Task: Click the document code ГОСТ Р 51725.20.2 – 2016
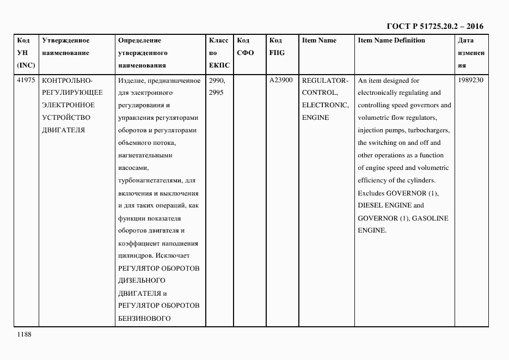(434, 26)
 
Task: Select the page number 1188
(24, 334)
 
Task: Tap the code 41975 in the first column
(26, 80)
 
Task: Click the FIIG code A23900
(281, 80)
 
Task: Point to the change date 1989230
(471, 80)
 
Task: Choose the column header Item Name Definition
(391, 40)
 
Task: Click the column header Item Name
(319, 40)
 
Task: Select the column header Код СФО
(246, 47)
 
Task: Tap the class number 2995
(217, 93)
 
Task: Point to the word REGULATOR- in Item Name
(325, 80)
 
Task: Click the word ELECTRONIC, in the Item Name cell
(325, 105)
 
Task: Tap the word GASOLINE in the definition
(430, 218)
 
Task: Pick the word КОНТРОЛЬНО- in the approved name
(68, 80)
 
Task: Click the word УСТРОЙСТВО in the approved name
(66, 118)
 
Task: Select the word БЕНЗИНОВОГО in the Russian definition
(144, 318)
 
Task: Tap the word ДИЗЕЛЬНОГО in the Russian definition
(142, 280)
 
